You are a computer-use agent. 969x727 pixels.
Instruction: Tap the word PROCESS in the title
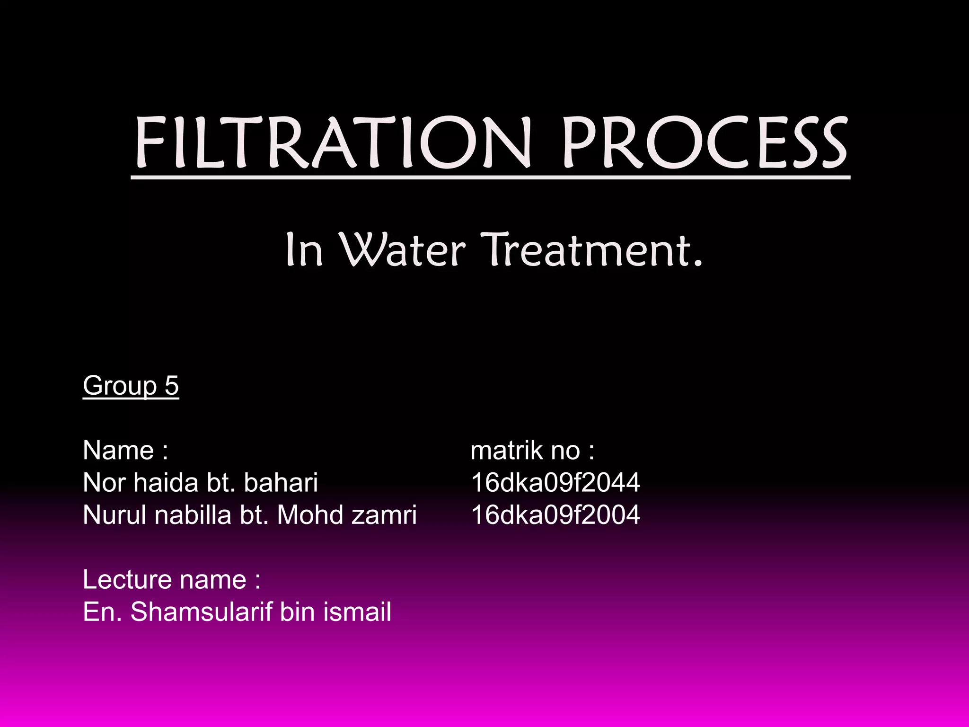click(x=705, y=143)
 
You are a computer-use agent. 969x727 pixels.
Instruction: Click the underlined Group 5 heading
click(x=131, y=385)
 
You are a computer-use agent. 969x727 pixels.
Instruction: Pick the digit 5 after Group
click(x=172, y=385)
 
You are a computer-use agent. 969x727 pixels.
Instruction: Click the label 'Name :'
click(x=125, y=450)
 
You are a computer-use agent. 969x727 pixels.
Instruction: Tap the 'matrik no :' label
click(x=532, y=450)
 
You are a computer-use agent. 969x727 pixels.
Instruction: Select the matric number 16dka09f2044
click(x=555, y=483)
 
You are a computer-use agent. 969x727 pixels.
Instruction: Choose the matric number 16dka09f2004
click(x=555, y=515)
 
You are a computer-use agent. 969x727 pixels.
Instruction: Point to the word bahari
click(x=281, y=483)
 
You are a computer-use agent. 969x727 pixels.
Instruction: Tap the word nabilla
click(x=193, y=515)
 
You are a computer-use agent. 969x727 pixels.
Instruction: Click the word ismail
click(x=357, y=612)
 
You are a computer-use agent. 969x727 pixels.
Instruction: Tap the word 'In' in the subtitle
click(x=304, y=250)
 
